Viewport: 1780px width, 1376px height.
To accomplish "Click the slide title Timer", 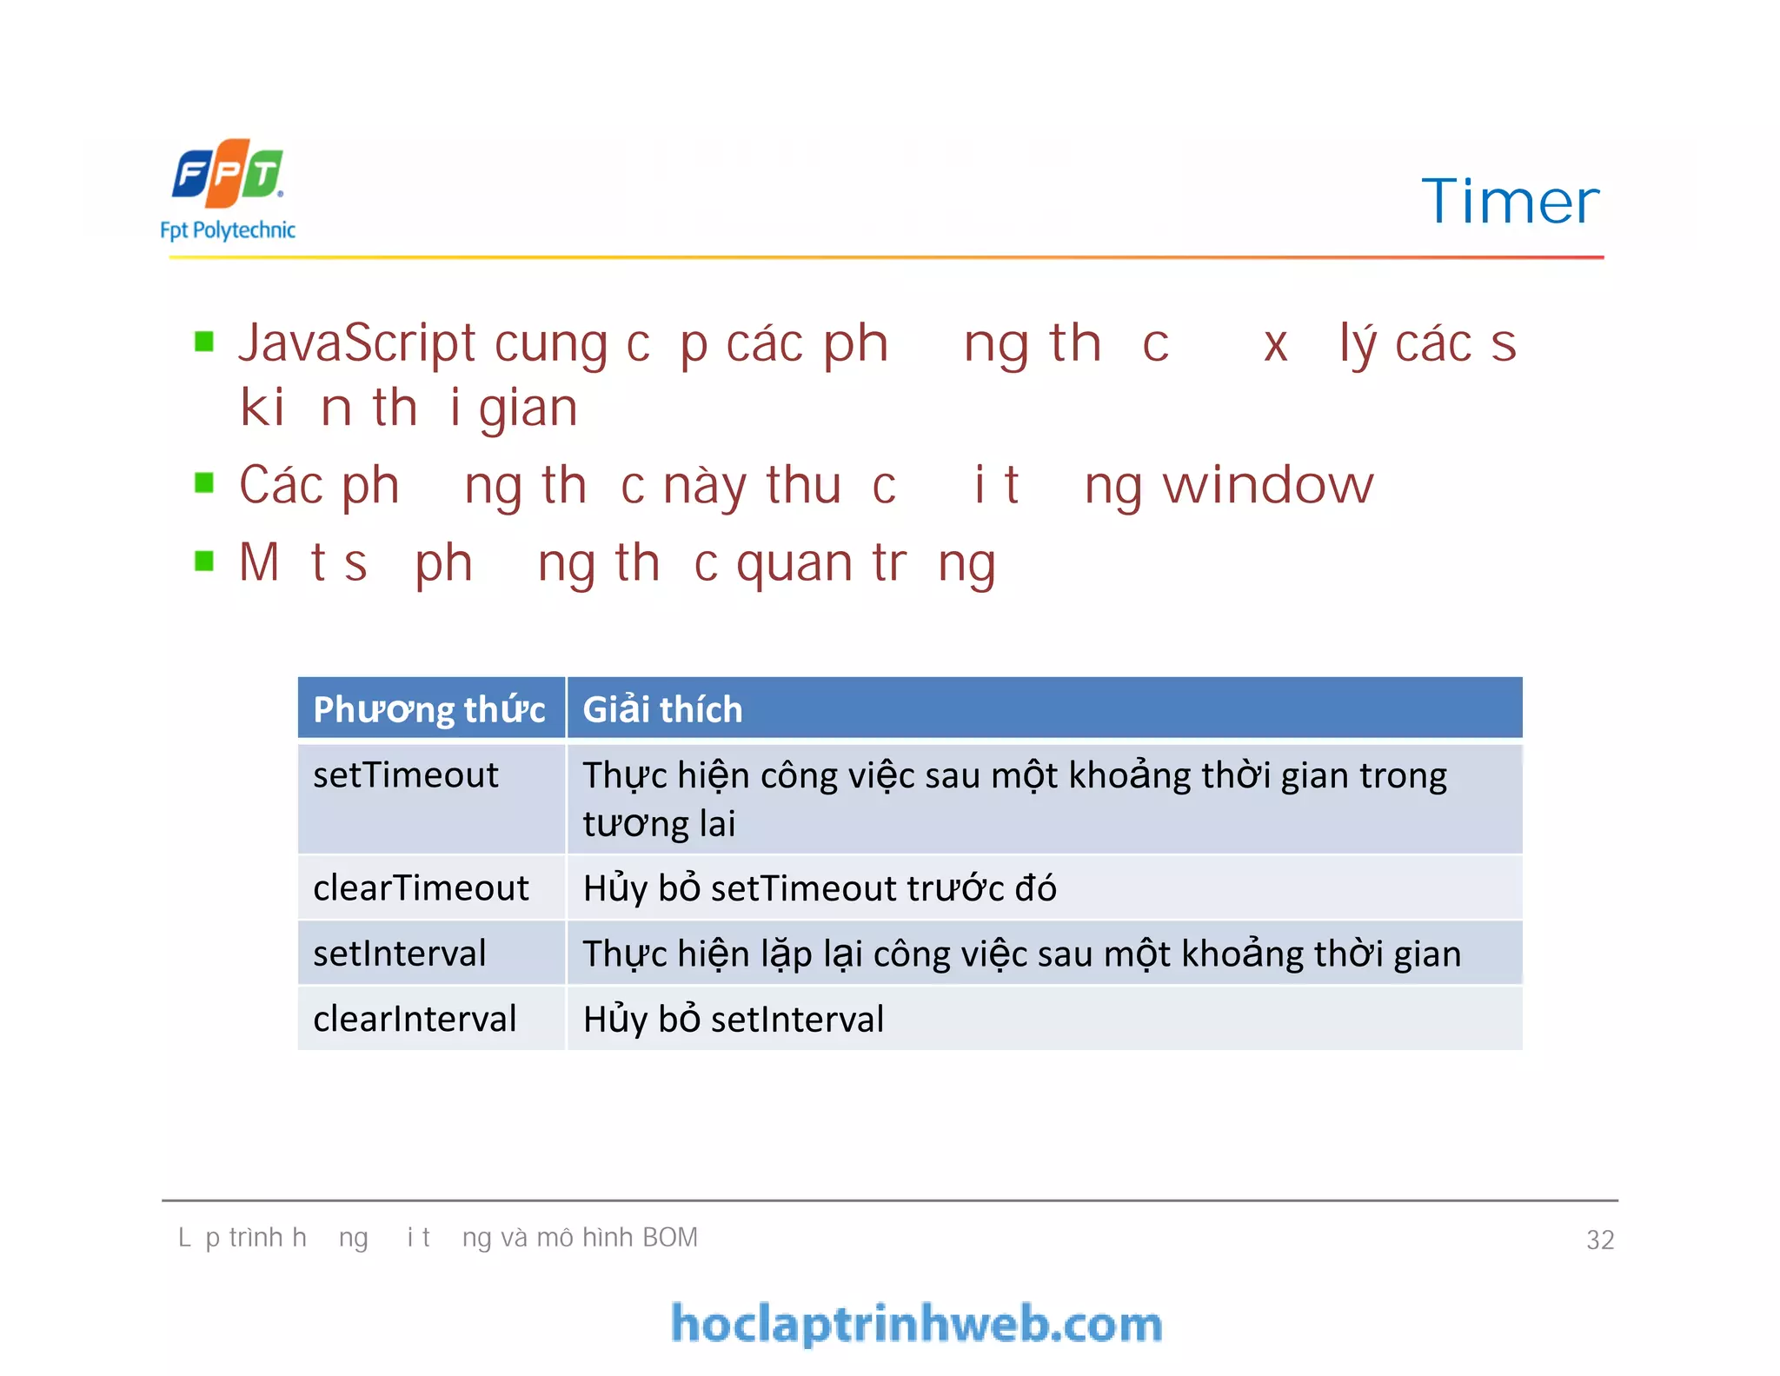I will point(1510,202).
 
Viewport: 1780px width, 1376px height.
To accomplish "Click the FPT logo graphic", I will point(228,174).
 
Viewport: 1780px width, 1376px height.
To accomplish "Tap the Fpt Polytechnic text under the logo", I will point(228,230).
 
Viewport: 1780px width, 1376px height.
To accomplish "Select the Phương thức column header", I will point(429,709).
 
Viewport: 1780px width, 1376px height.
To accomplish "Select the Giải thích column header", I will point(662,709).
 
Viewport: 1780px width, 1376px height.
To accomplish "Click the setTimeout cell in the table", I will point(406,775).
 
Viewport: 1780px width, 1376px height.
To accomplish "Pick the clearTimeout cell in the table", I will point(421,888).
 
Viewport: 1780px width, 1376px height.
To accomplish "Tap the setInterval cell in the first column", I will point(400,954).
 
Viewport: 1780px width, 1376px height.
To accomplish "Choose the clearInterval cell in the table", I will point(415,1019).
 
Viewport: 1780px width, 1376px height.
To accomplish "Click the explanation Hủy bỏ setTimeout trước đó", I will point(820,888).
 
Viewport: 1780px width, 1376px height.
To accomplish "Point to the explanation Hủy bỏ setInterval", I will point(734,1019).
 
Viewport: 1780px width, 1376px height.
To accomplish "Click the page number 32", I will point(1600,1240).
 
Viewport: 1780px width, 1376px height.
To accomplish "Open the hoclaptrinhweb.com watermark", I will point(917,1324).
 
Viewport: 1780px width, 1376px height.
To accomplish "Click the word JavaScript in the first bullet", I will point(357,343).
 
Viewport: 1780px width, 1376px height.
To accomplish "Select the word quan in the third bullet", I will point(794,564).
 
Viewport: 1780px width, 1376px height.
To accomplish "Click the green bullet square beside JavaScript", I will point(204,341).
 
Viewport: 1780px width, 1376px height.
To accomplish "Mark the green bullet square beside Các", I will point(204,482).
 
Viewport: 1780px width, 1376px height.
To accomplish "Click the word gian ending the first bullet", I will point(528,409).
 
